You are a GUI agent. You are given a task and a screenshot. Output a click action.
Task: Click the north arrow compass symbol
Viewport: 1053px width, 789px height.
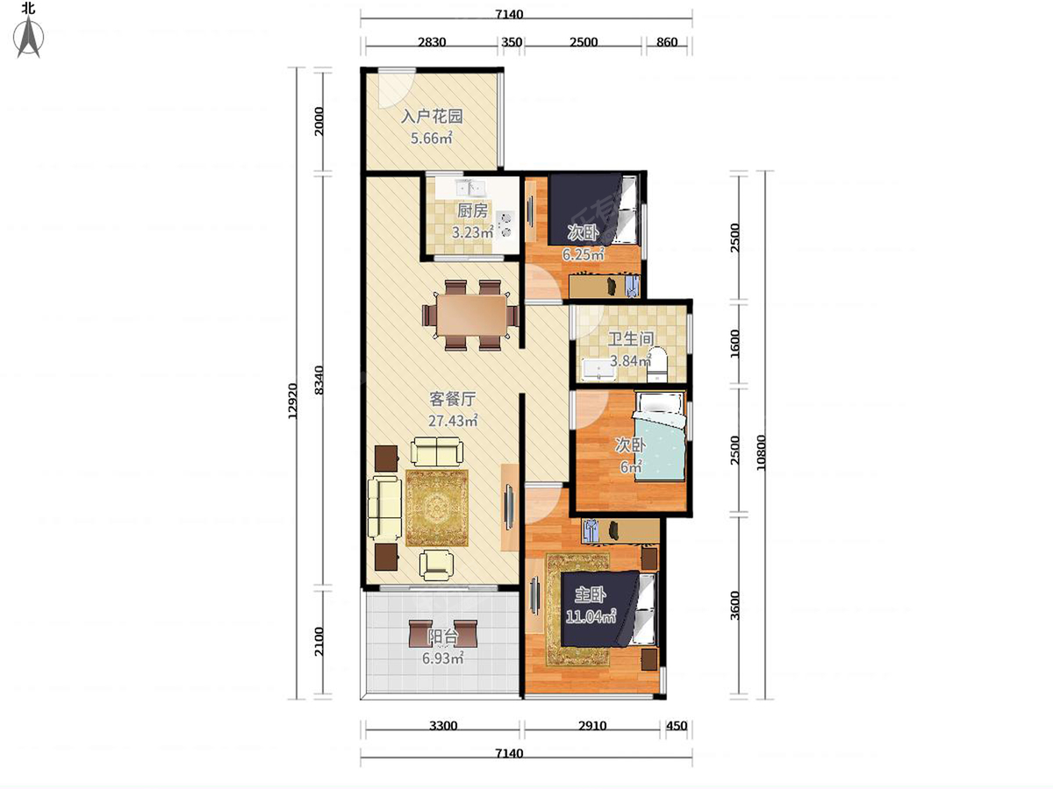[x=29, y=37]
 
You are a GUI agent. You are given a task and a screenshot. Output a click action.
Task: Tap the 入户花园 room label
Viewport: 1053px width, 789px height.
[x=432, y=117]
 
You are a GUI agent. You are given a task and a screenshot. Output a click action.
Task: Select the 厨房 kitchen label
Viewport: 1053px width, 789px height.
[x=472, y=210]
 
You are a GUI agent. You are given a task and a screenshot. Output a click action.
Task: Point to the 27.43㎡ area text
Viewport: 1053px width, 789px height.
[x=453, y=421]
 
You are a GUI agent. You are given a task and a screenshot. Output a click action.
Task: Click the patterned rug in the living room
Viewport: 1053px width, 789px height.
[x=436, y=508]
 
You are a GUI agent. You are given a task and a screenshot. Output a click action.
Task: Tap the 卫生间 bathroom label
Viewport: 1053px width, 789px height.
[x=631, y=339]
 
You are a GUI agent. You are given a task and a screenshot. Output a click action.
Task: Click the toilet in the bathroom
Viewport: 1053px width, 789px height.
[x=656, y=366]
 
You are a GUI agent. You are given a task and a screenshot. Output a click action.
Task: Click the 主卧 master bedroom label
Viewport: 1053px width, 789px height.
[x=590, y=595]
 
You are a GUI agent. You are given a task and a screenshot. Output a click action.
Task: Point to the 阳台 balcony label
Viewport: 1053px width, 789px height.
[x=443, y=637]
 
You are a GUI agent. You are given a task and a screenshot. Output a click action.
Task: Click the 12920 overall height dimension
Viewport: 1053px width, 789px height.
[x=293, y=401]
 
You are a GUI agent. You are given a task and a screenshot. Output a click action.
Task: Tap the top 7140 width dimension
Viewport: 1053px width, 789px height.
[x=509, y=14]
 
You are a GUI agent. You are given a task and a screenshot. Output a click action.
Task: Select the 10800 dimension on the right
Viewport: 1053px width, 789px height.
[x=761, y=452]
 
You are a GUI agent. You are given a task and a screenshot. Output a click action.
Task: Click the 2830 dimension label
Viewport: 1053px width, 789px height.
[x=432, y=42]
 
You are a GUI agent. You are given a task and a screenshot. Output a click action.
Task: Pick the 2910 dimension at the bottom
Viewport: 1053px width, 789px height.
[x=592, y=726]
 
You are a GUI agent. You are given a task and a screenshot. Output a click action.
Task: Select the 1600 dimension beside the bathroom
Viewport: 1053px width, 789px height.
[x=734, y=344]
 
